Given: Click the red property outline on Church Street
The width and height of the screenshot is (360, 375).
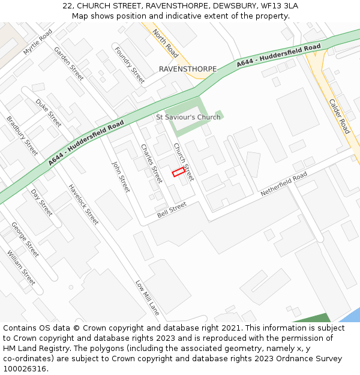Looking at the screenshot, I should (x=178, y=172).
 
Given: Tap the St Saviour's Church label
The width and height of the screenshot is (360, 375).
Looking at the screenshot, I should (x=188, y=117).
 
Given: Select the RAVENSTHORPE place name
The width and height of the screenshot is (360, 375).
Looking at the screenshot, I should (x=188, y=70).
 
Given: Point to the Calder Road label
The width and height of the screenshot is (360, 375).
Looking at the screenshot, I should (x=340, y=116).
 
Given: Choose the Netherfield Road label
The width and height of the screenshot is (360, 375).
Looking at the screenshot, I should (x=284, y=184).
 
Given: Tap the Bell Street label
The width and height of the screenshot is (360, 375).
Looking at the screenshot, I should (x=172, y=209).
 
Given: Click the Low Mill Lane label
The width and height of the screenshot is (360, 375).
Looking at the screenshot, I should (x=147, y=298).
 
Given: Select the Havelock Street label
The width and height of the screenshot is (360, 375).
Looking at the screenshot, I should (x=83, y=204).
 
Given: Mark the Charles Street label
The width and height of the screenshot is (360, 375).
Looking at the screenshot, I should (x=151, y=163).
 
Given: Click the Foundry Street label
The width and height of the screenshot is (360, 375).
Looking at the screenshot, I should (x=130, y=65).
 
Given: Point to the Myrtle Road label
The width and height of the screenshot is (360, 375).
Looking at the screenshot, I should (x=38, y=42).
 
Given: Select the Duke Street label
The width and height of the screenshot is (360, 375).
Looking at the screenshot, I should (x=48, y=113).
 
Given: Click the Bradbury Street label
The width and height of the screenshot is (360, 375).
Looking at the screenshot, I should (x=22, y=136).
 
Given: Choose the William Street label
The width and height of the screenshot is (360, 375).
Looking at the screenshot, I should (x=21, y=268).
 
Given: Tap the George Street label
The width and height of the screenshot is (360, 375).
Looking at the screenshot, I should (x=25, y=239).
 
